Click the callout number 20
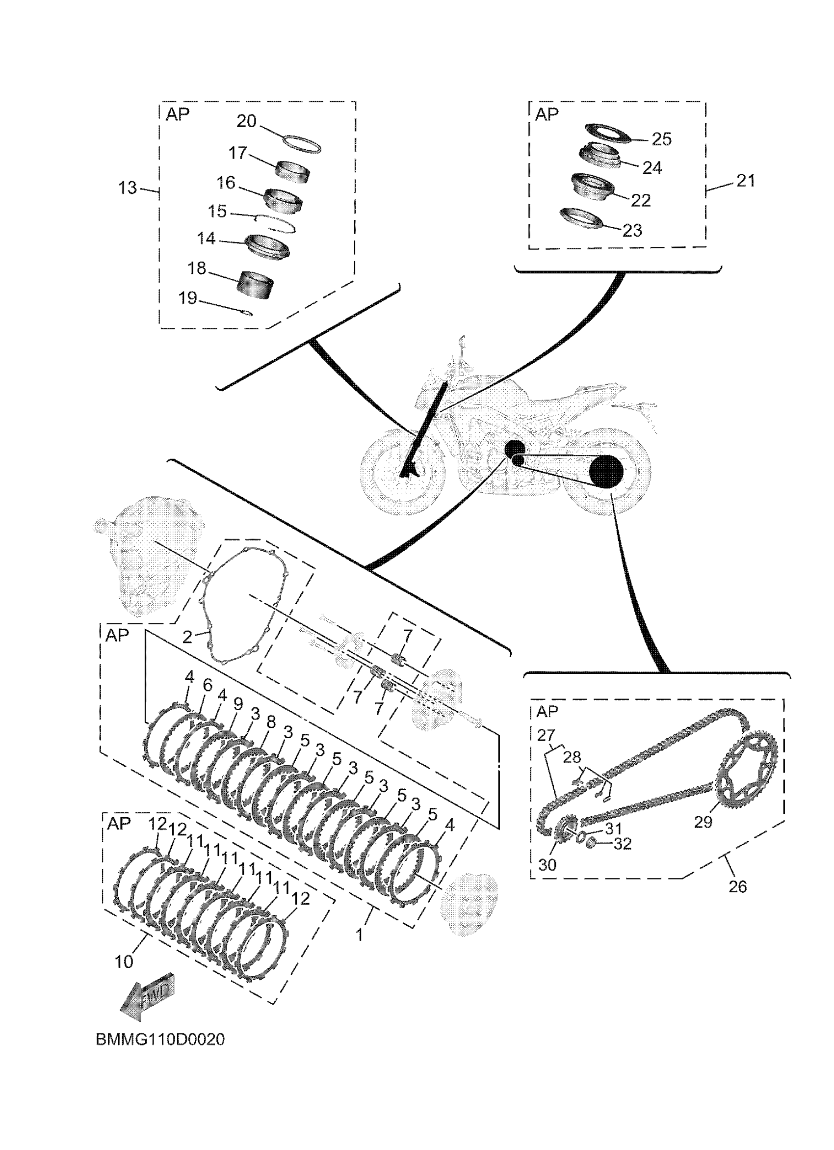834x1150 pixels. click(x=247, y=122)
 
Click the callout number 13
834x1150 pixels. click(x=128, y=188)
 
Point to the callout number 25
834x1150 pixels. click(x=661, y=139)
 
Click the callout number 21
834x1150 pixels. click(x=745, y=181)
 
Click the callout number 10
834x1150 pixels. click(x=124, y=962)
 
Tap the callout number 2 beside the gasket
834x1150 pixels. click(x=187, y=637)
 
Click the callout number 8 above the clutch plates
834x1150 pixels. click(x=271, y=722)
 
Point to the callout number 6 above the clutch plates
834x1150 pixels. click(x=207, y=686)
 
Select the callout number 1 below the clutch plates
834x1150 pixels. click(x=359, y=935)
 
